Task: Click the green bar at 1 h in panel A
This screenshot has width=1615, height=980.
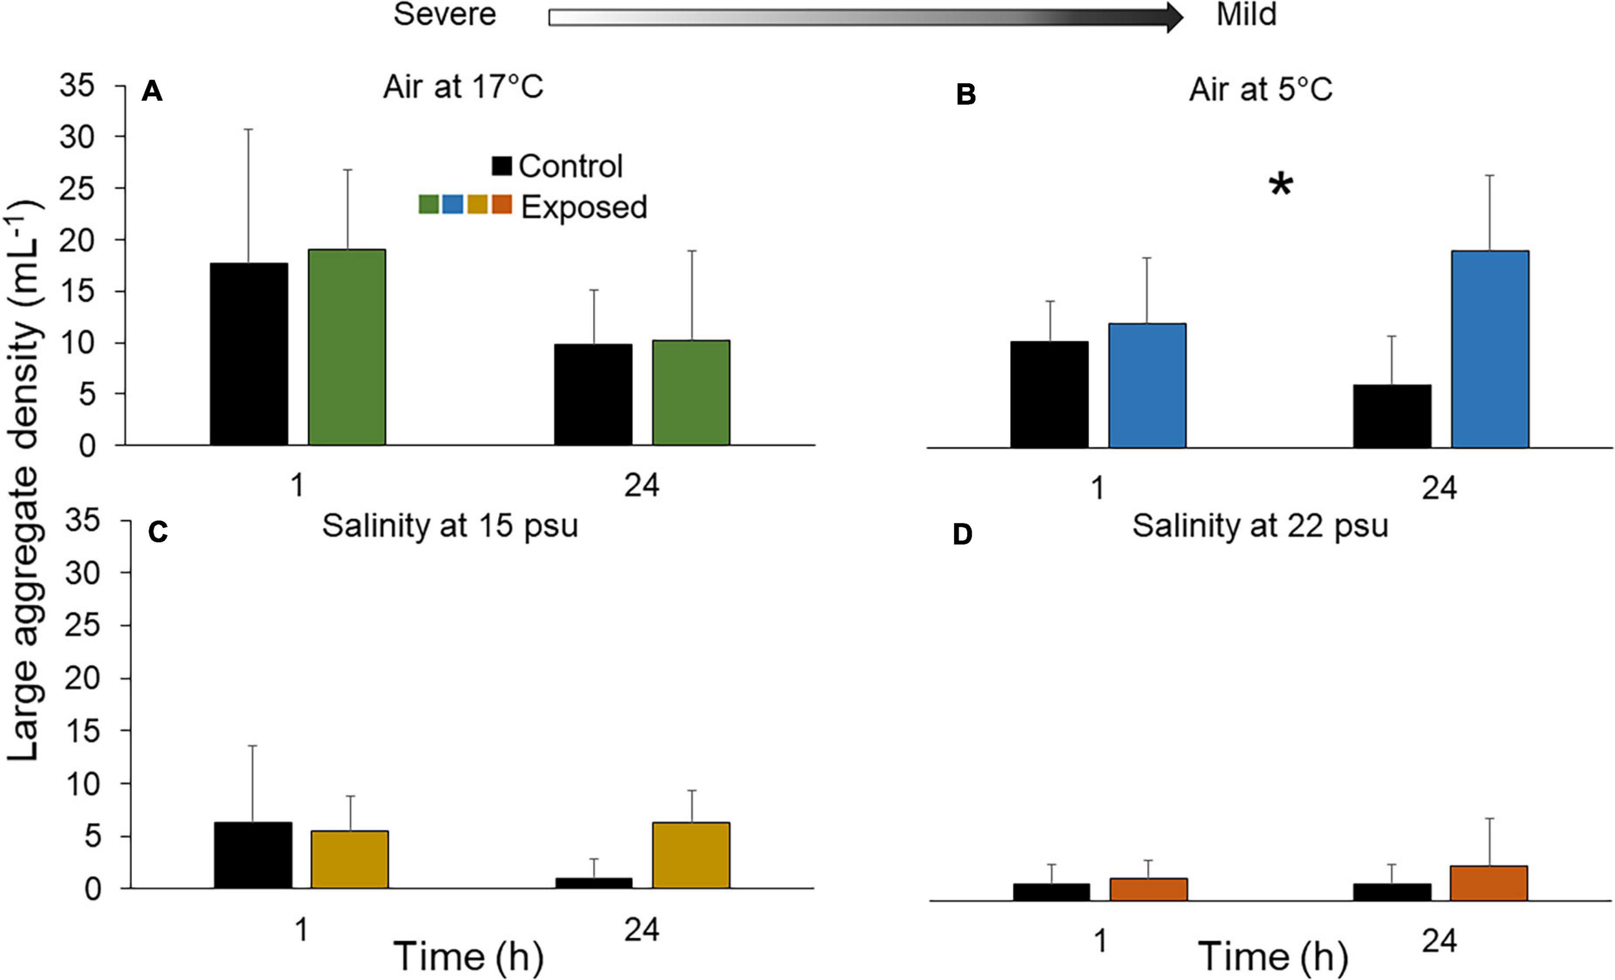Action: pos(347,347)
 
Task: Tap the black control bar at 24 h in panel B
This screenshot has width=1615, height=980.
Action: pos(1392,416)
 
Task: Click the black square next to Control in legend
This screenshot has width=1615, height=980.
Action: pos(501,166)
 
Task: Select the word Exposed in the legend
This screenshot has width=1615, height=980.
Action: pos(583,207)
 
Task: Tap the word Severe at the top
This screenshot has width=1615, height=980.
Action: pos(444,14)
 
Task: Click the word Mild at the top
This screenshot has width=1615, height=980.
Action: pos(1246,14)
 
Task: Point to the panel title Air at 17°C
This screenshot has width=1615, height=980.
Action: pos(463,87)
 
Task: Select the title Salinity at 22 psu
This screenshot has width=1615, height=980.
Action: pos(1260,526)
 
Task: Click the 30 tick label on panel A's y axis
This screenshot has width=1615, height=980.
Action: pos(77,137)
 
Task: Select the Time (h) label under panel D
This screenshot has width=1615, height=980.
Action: pos(1273,956)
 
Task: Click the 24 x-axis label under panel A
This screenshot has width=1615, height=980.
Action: pos(641,485)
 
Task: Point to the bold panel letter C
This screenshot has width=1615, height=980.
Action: pos(158,533)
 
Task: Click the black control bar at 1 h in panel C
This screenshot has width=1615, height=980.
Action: pos(253,855)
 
